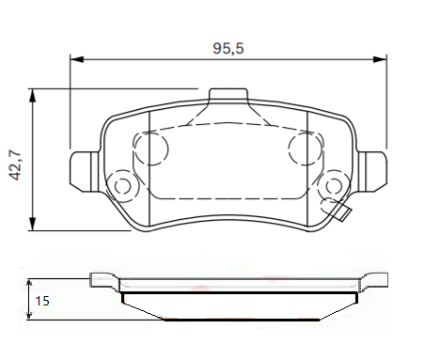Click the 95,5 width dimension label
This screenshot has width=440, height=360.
pyautogui.click(x=228, y=49)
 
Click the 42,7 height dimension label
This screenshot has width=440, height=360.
pyautogui.click(x=15, y=165)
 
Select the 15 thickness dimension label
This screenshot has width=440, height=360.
pyautogui.click(x=42, y=301)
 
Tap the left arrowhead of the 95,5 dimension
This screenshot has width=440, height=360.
pyautogui.click(x=77, y=59)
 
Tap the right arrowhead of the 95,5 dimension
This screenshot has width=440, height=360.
pyautogui.click(x=380, y=59)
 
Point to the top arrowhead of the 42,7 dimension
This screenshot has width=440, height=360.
pyautogui.click(x=32, y=95)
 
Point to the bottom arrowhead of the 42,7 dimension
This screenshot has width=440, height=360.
pyautogui.click(x=32, y=224)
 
